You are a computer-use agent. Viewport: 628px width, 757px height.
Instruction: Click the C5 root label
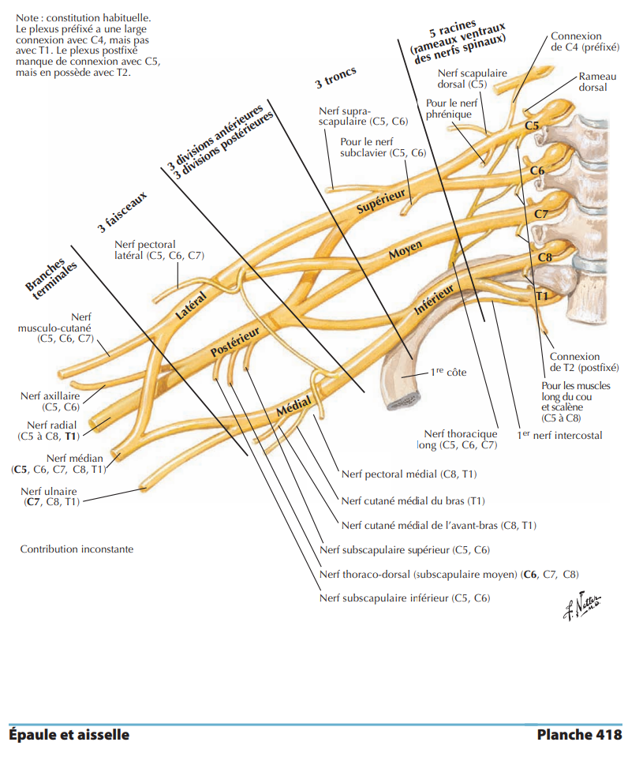click(532, 126)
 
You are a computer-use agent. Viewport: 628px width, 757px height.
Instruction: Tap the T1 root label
click(541, 295)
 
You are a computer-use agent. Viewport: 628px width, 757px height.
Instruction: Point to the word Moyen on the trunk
click(406, 251)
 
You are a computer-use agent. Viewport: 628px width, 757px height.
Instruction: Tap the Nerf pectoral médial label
click(409, 474)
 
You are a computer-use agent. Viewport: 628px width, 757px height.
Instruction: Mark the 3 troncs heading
click(336, 77)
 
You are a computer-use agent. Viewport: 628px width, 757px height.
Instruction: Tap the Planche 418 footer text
click(578, 735)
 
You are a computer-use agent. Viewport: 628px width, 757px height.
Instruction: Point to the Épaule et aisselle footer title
click(69, 735)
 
